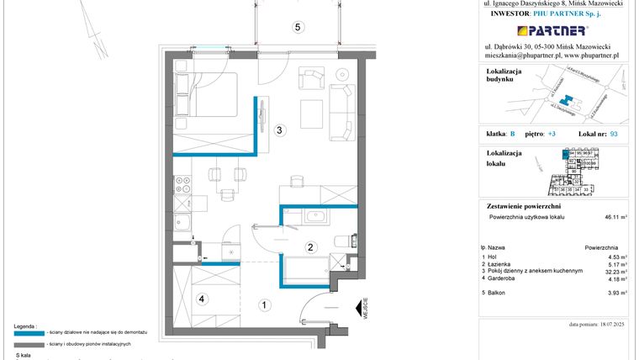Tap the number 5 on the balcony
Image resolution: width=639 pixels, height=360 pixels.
coord(297,27)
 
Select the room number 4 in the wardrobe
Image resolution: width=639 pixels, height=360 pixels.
coord(201,297)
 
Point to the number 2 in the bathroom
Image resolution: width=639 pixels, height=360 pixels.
coord(310,247)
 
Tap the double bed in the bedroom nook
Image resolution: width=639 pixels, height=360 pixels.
coord(206,95)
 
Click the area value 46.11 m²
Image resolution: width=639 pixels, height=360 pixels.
coord(610,217)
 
